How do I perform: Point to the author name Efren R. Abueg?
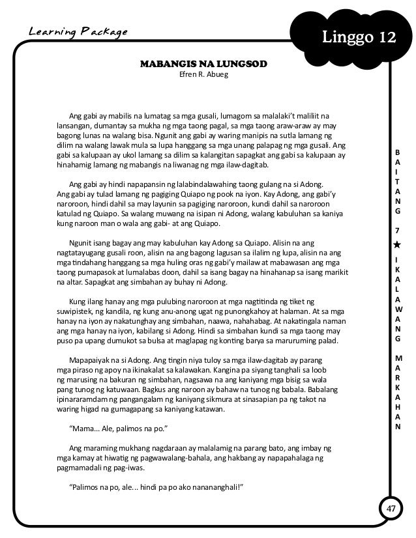click(x=204, y=76)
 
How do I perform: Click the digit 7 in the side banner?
click(x=396, y=231)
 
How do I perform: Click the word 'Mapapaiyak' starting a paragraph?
click(x=89, y=360)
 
